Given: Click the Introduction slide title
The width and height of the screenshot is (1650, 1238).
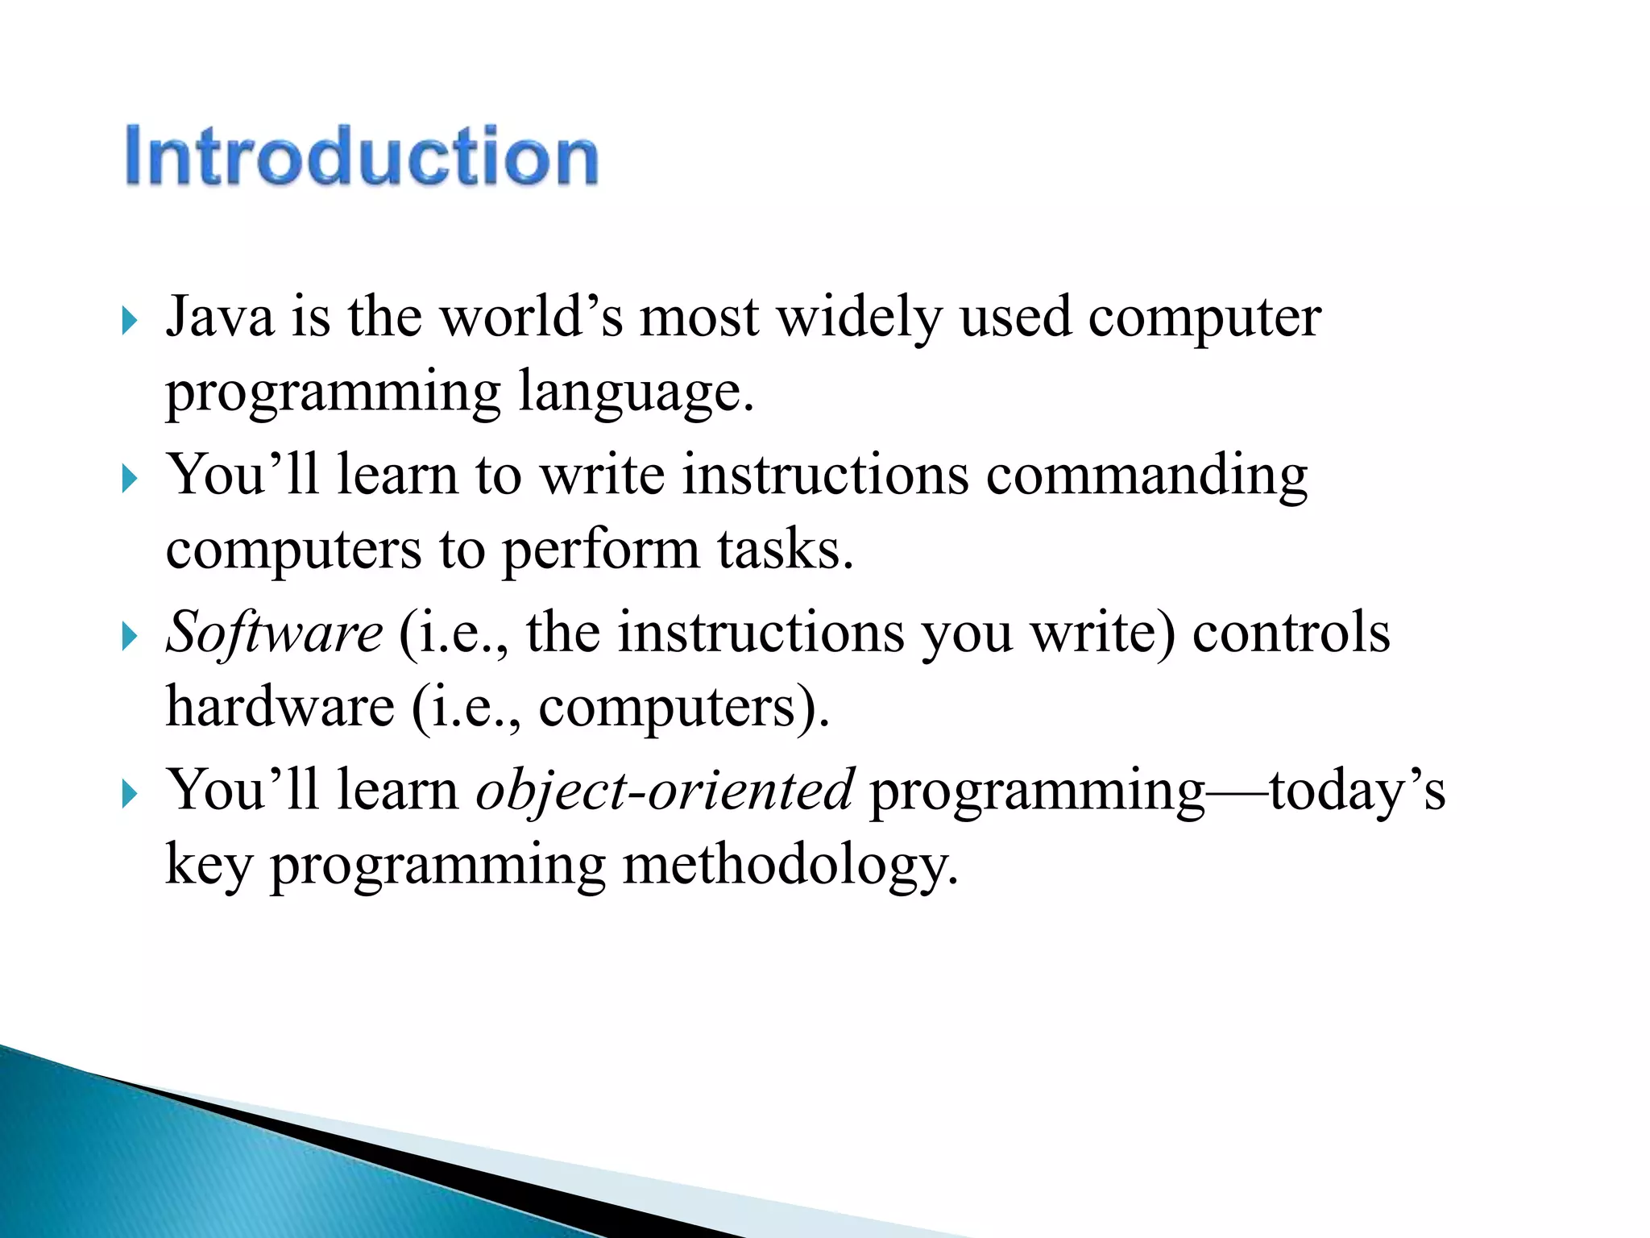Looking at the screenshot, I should pos(361,156).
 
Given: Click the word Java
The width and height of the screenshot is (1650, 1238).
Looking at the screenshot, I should pos(219,317).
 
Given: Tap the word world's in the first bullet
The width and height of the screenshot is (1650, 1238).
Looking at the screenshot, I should pos(532,317).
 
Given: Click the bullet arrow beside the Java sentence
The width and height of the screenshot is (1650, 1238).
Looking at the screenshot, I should pos(129,322).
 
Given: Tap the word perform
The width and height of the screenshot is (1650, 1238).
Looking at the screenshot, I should pos(600,551).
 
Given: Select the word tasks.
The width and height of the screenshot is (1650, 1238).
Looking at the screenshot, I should pos(784,550).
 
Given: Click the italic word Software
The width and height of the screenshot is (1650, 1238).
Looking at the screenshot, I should pos(274,632).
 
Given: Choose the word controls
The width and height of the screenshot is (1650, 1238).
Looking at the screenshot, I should pos(1291,632).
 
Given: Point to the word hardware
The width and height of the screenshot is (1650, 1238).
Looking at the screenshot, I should pos(280,707).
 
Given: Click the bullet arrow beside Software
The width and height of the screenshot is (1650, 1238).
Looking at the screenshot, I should pos(129,638).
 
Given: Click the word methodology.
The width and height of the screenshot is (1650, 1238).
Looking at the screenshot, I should pos(790,866).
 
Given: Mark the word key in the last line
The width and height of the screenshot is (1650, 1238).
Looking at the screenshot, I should pos(209,866).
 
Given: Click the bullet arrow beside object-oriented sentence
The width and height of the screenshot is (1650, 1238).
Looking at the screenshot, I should pos(129,796).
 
